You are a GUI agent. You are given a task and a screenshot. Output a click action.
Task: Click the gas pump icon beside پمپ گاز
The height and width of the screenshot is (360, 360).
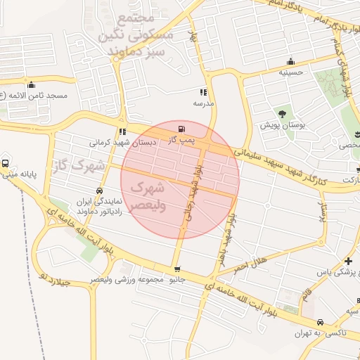click(x=183, y=129)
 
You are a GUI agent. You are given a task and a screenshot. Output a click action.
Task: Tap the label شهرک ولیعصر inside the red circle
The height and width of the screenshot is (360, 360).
click(x=148, y=198)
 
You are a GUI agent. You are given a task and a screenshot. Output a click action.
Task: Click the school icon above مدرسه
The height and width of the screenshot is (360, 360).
click(x=203, y=92)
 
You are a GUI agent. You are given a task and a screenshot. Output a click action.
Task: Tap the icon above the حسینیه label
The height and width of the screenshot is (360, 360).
click(x=291, y=61)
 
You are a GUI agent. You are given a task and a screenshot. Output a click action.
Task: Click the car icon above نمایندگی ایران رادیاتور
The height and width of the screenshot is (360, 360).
click(x=99, y=191)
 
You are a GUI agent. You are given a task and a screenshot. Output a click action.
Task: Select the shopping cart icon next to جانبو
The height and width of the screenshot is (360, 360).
click(x=177, y=269)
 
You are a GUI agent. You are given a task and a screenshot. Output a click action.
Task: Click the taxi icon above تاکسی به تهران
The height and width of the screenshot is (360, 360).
click(x=321, y=321)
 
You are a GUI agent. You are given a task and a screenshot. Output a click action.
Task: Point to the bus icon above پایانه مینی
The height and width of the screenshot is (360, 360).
click(x=6, y=163)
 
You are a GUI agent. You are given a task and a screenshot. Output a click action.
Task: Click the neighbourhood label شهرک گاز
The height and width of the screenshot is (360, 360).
click(x=78, y=167)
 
